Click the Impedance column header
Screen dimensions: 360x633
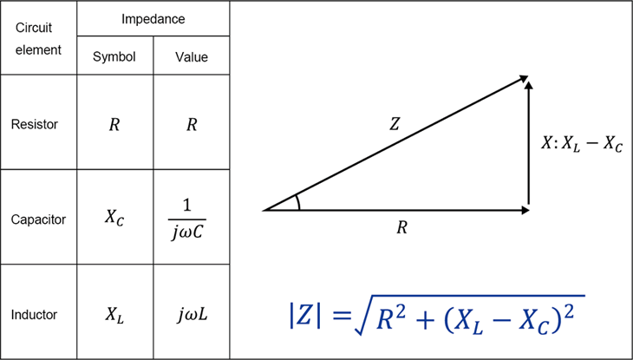point(153,17)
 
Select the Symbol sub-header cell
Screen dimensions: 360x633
point(115,56)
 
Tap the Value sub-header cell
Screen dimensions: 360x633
point(192,56)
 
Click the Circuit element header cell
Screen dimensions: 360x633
point(38,37)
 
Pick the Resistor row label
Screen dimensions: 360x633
point(35,124)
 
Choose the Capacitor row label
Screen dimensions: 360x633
point(37,219)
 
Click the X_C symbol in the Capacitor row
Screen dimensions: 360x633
point(115,219)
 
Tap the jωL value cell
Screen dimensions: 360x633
point(192,312)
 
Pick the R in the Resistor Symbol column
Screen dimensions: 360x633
point(114,124)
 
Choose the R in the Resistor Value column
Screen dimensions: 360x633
point(192,124)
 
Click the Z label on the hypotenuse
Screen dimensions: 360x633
point(395,124)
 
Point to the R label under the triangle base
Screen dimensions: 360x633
point(402,229)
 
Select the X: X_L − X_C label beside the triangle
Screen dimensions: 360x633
point(581,144)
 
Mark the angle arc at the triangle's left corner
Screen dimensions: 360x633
point(297,202)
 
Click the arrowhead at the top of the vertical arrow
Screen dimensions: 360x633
point(528,80)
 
